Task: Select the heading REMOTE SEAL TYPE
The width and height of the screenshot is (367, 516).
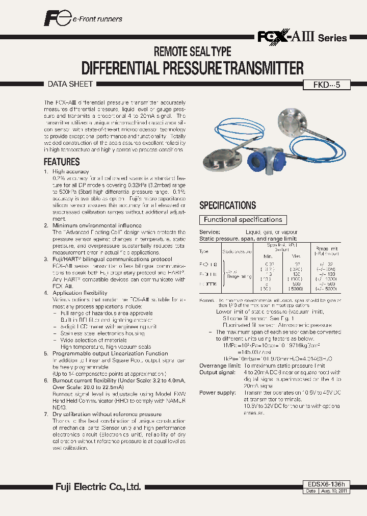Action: click(x=193, y=51)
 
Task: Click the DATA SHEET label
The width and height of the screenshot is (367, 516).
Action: click(x=70, y=84)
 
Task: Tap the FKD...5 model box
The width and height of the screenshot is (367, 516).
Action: click(x=326, y=85)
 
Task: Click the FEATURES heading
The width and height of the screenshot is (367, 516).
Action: click(x=62, y=162)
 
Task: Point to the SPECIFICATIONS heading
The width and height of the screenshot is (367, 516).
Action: click(x=227, y=205)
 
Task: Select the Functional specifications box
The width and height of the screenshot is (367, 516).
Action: click(x=243, y=220)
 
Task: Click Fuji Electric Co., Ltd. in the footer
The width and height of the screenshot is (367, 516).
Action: click(x=98, y=487)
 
